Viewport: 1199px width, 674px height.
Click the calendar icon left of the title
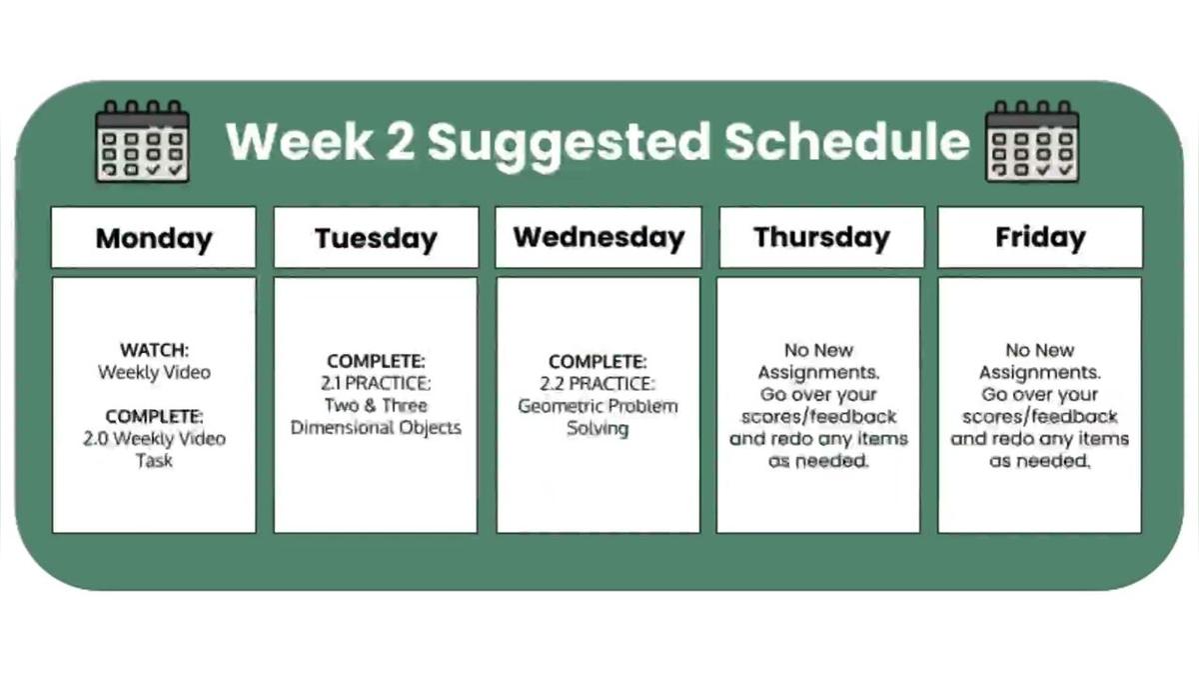pos(141,141)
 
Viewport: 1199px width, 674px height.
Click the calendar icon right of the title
pos(1032,141)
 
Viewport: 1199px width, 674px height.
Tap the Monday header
pos(154,238)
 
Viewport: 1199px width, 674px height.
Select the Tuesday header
pos(376,238)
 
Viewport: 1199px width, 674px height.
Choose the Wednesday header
pos(599,237)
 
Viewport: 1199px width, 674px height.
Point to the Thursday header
pos(821,237)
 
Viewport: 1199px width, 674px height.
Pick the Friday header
pos(1040,237)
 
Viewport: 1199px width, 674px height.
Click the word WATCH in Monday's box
pos(154,350)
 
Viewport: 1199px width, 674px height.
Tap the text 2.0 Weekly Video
pos(154,438)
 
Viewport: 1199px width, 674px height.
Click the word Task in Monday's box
pos(154,460)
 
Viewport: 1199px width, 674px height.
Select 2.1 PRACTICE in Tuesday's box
pos(376,383)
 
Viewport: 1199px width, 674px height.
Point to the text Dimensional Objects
pos(376,428)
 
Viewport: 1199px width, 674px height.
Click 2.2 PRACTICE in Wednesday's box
pos(599,383)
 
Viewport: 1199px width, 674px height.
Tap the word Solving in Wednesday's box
pos(598,429)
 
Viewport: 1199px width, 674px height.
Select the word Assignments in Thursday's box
pos(818,372)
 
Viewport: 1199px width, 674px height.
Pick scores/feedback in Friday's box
pos(1039,416)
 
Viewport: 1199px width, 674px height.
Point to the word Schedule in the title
pos(847,142)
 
